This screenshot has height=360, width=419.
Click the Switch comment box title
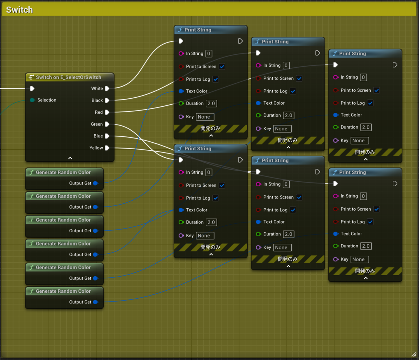[x=20, y=10]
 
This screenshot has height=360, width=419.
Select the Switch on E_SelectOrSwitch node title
[x=68, y=77]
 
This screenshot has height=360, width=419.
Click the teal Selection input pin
[x=32, y=100]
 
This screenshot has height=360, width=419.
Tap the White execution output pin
[x=107, y=89]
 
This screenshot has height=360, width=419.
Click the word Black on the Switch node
[x=97, y=100]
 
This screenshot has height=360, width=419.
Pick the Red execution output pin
[x=107, y=112]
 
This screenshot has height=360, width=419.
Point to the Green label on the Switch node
[x=97, y=124]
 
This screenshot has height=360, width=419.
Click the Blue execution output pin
[x=107, y=136]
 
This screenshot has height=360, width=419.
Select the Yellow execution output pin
[x=107, y=148]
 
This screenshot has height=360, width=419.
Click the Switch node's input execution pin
[x=32, y=89]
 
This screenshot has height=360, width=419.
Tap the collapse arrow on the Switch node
[x=70, y=158]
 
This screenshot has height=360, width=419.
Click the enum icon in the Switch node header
[x=31, y=77]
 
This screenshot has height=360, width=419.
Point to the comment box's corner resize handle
[x=414, y=355]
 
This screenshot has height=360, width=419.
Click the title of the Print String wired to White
[x=198, y=30]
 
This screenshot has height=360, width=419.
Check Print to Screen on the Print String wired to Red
[x=376, y=90]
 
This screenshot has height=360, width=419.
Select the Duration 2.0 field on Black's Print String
[x=288, y=115]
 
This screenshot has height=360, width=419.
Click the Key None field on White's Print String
[x=205, y=117]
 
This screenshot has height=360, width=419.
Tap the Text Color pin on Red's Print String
[x=336, y=115]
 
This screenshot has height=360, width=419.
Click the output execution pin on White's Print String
[x=240, y=41]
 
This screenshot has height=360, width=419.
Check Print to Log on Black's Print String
[x=293, y=91]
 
